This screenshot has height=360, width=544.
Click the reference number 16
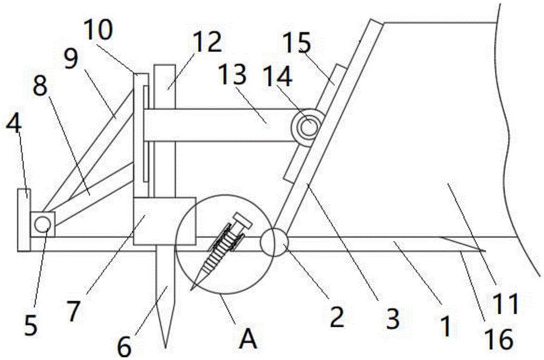[499, 340]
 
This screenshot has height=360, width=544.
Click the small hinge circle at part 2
[274, 243]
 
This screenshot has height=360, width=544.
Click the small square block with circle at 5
[42, 223]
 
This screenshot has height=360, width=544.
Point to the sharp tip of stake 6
[164, 346]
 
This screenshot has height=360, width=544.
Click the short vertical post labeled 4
[24, 219]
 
